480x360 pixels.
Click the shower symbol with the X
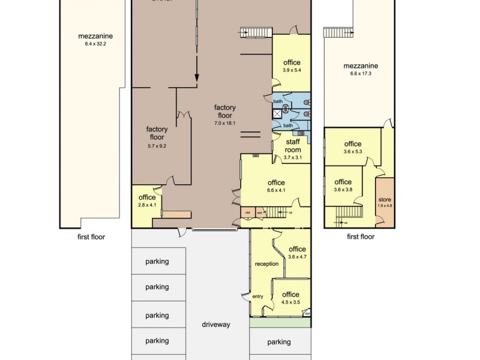277,113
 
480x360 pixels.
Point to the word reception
266,264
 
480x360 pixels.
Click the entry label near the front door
258,296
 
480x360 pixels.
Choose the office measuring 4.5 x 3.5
290,298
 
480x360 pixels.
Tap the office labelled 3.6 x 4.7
297,253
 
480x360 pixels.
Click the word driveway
216,325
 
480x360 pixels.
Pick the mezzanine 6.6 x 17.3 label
361,70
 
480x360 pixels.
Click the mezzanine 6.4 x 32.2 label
95,40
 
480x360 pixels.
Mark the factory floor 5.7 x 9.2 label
157,137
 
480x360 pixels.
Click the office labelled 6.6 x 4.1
276,187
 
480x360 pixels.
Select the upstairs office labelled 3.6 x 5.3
352,148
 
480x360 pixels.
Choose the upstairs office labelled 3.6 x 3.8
343,185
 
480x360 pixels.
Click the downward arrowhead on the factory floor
196,77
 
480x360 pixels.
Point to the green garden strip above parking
280,322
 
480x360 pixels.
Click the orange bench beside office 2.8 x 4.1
177,214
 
